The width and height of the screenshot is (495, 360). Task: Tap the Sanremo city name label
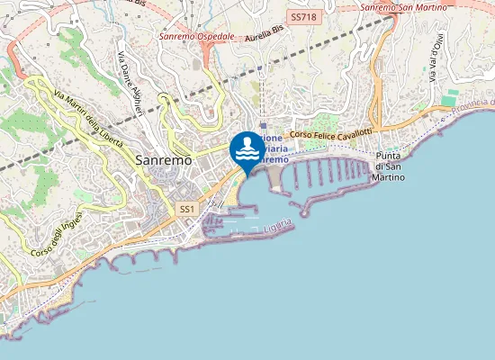[x=163, y=159]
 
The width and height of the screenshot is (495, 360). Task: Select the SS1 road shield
[x=187, y=209]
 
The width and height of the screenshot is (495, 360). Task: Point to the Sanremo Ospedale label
[x=196, y=37]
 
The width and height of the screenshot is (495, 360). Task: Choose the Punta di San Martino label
[x=388, y=166]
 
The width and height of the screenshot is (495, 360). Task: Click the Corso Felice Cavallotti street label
[x=331, y=133]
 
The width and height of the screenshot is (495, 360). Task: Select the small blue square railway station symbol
[x=262, y=127]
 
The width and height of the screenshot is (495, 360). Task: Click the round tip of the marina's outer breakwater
[x=305, y=213]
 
